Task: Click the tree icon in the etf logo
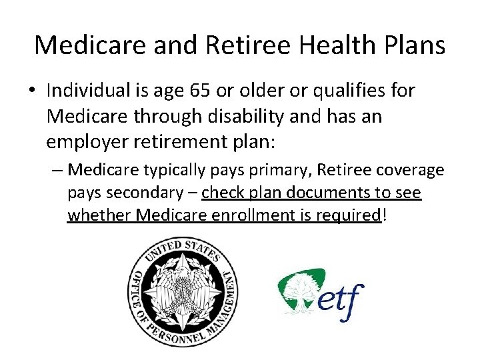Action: click(x=301, y=288)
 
